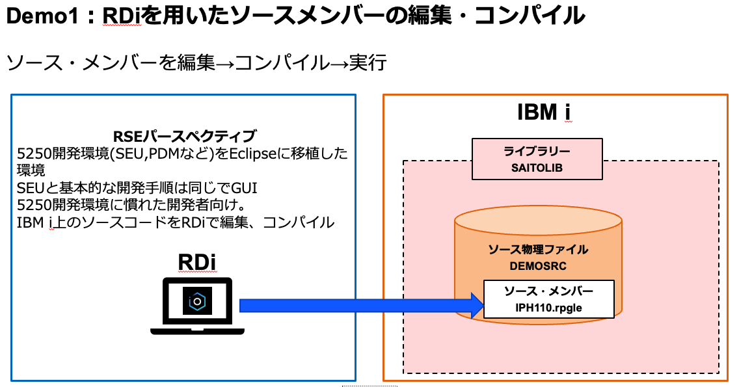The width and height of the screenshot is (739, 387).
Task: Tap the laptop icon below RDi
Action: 196,306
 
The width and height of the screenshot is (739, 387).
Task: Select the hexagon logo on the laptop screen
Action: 196,300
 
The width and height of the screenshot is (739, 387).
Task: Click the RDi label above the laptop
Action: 196,262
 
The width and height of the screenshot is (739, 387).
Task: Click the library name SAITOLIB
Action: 537,167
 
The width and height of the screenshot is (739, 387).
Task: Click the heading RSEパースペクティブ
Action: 185,137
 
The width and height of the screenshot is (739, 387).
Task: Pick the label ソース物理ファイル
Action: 538,250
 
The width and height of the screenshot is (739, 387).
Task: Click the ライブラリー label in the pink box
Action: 537,152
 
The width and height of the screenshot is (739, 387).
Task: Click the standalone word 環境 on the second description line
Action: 30,171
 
